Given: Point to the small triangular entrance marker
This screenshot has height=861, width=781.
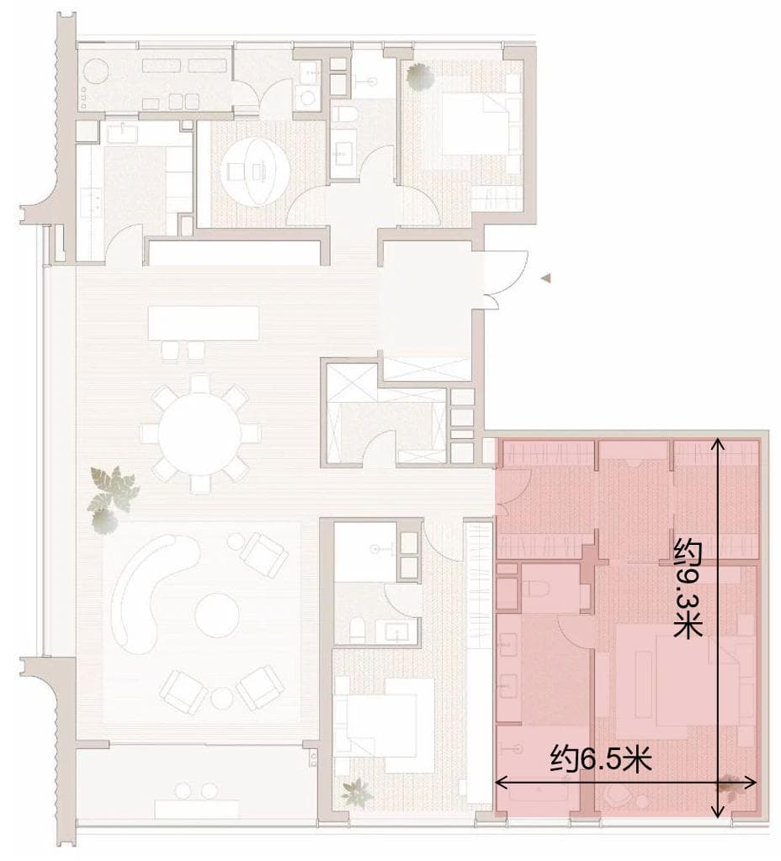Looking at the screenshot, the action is point(545,278).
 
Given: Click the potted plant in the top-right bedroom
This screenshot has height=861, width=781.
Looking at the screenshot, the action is point(420,76).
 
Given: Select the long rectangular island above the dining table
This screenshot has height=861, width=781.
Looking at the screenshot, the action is point(204,323).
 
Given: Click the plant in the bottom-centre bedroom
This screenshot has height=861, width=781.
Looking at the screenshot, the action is point(357,792).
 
